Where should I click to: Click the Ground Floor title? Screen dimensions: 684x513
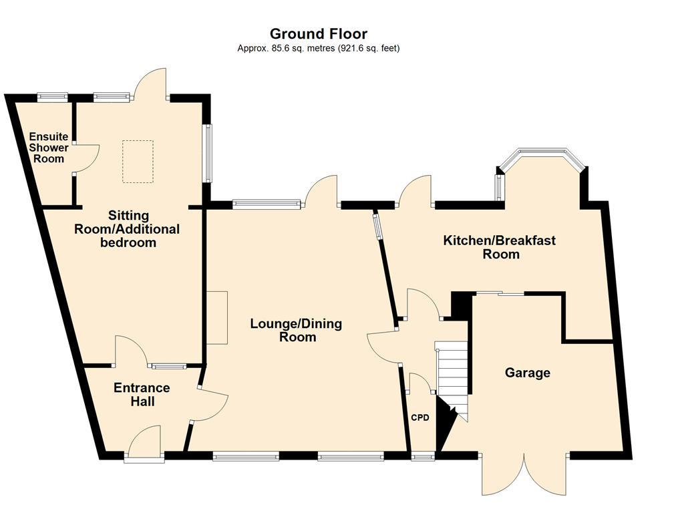[319, 33]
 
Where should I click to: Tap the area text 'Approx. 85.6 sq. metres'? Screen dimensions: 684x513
[286, 48]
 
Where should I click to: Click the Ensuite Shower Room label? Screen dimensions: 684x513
[49, 148]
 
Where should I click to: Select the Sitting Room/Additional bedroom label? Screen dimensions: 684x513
[127, 229]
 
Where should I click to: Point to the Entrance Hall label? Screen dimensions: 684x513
[142, 394]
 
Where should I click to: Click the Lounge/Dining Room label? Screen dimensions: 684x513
[296, 330]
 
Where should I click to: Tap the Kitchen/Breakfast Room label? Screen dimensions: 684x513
[500, 247]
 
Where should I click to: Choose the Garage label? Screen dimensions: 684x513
[528, 373]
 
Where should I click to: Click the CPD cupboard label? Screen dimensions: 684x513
[420, 418]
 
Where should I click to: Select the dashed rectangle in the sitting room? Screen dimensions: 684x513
[138, 162]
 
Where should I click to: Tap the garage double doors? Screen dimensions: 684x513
[524, 475]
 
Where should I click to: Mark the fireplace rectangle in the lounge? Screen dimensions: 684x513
[217, 317]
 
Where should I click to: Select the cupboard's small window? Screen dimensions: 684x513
[423, 457]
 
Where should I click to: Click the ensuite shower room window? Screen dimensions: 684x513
[52, 97]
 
